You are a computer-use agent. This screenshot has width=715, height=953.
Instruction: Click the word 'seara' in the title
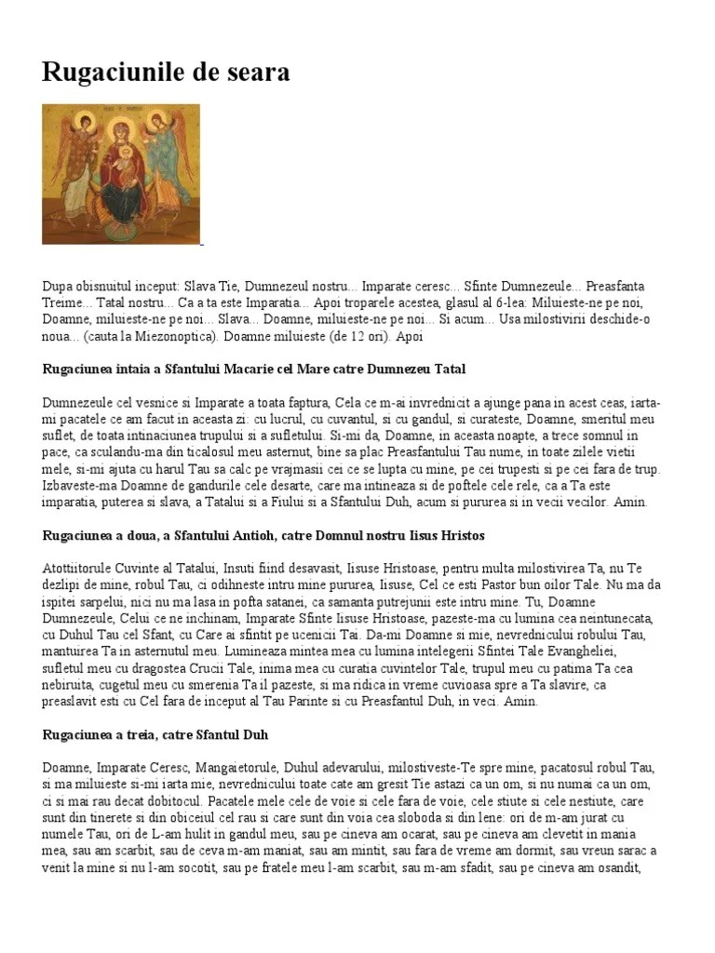click(253, 72)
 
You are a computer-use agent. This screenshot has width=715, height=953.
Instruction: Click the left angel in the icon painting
click(74, 158)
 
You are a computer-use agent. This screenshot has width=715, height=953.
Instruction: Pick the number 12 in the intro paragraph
click(331, 335)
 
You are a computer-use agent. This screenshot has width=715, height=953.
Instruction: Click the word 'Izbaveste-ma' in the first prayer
click(78, 486)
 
